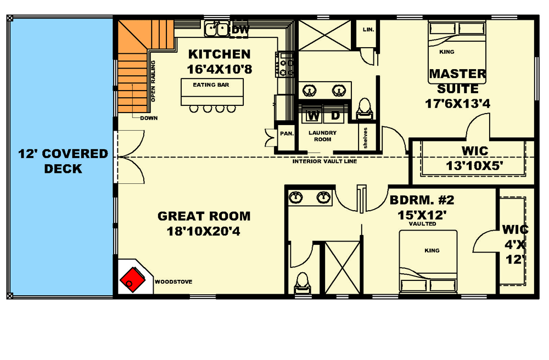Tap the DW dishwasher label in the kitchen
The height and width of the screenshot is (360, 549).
click(240, 30)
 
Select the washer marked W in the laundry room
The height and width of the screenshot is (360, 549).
click(313, 116)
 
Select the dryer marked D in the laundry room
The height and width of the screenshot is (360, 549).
click(335, 116)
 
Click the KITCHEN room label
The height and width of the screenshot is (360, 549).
click(219, 54)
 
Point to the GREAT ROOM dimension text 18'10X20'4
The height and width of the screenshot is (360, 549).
click(204, 232)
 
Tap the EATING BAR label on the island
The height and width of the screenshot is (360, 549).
click(211, 85)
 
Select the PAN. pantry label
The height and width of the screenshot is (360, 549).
click(287, 133)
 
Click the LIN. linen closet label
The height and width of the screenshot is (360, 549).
click(368, 30)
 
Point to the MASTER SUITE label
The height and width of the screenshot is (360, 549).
click(457, 81)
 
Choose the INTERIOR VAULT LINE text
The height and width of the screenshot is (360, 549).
click(324, 162)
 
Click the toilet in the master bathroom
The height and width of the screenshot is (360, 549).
click(364, 108)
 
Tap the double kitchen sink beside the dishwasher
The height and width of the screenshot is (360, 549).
click(217, 29)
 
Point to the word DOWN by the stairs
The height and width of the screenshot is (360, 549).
click(149, 118)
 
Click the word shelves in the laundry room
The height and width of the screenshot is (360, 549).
click(365, 137)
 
